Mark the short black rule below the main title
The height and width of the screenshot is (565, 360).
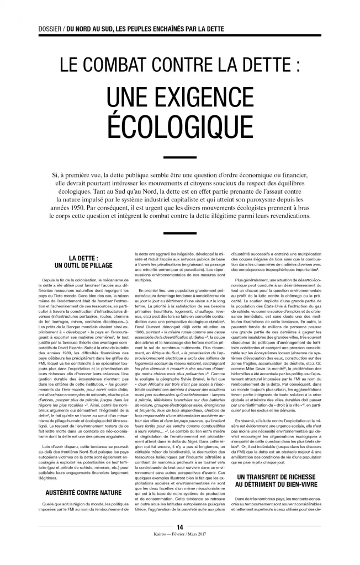click(180, 157)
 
